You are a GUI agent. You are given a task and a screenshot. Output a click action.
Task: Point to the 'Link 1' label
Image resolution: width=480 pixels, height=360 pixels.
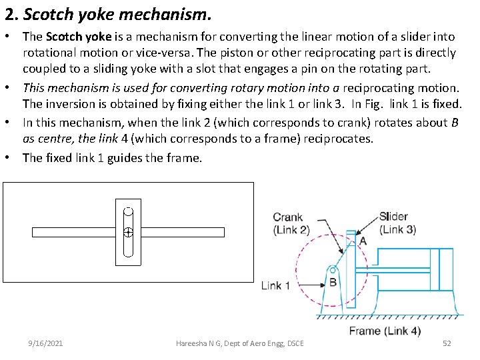(x=275, y=285)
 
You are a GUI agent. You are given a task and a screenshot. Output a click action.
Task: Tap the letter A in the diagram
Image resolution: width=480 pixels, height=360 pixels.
(x=363, y=241)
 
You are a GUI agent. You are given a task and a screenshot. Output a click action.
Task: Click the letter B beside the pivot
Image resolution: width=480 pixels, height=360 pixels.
(x=333, y=283)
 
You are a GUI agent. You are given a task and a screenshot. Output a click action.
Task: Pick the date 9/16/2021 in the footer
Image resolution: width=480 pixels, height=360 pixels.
(x=46, y=343)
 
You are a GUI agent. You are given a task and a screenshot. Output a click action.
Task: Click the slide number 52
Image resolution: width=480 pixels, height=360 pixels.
(x=447, y=343)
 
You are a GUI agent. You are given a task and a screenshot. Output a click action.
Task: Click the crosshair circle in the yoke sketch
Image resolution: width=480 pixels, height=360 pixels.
(x=129, y=233)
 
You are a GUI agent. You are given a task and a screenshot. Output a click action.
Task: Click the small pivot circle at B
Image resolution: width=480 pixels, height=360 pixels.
(x=331, y=270)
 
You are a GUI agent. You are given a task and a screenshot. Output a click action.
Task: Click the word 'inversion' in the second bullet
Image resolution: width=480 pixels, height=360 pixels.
(x=67, y=104)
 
